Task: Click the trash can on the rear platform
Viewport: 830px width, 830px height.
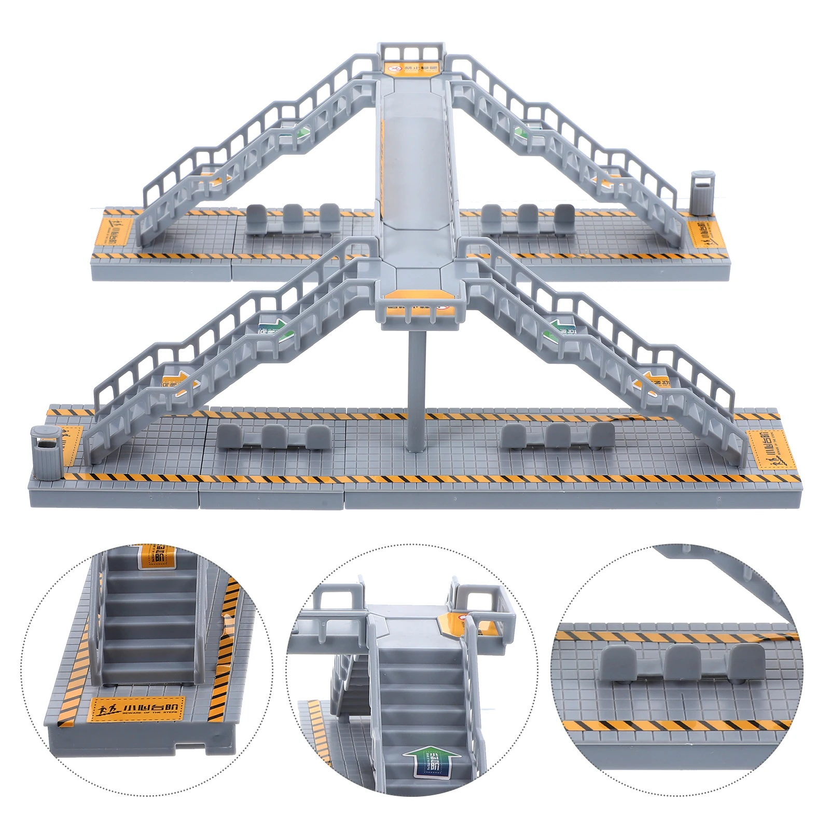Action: coord(701,192)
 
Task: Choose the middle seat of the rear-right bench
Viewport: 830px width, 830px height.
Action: coord(528,217)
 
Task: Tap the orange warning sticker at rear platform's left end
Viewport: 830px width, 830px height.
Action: coord(115,231)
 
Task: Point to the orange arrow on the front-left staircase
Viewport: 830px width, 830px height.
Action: coord(179,384)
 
